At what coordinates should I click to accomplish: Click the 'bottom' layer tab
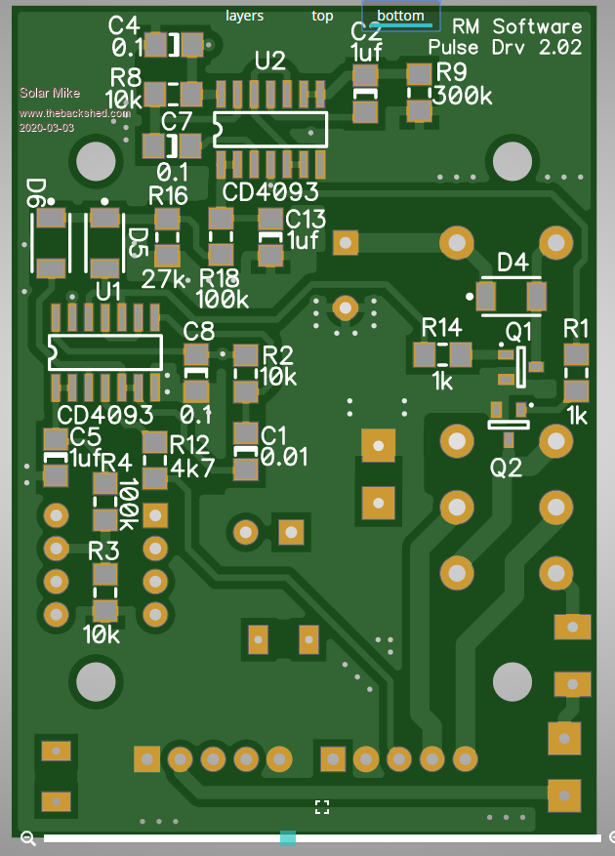click(401, 16)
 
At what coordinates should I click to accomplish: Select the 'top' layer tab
click(322, 17)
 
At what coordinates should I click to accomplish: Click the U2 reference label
click(270, 61)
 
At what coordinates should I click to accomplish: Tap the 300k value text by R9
click(463, 96)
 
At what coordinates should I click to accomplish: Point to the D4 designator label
click(512, 263)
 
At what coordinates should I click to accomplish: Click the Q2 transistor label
click(506, 468)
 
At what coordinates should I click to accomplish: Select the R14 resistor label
click(442, 328)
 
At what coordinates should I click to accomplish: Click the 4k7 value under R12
click(192, 468)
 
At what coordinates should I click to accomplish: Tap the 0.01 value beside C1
click(283, 457)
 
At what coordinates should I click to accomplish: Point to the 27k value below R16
click(163, 279)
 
